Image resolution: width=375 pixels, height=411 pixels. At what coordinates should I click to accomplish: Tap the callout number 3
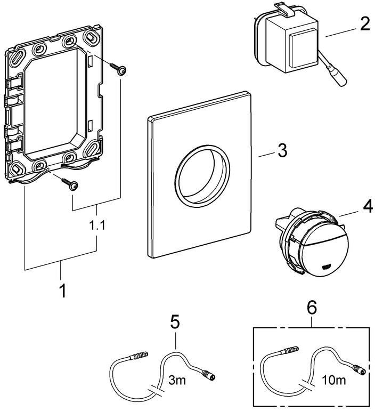pos(281,151)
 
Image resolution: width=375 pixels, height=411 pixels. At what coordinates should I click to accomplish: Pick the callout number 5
pos(175,322)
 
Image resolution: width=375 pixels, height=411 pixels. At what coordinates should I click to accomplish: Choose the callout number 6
pos(312,307)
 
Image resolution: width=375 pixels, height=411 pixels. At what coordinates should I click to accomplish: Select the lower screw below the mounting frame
pos(70,183)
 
